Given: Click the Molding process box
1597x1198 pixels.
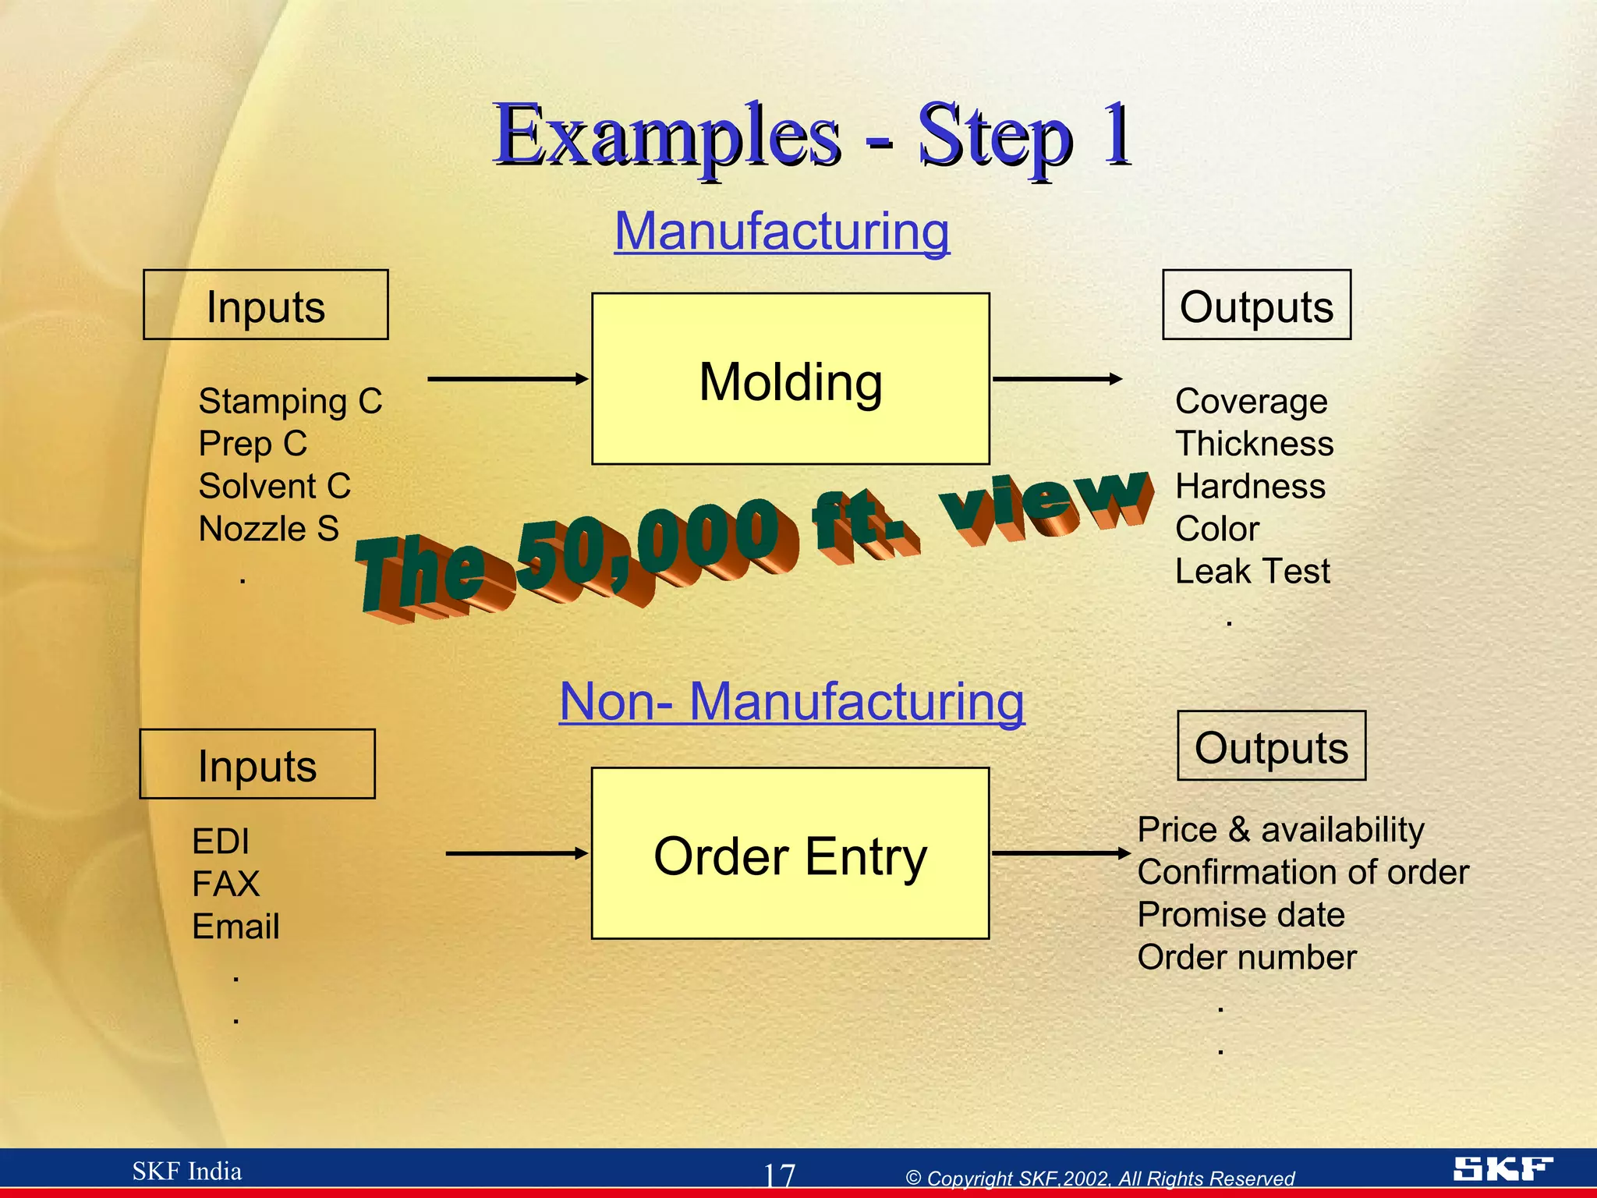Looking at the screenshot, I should (x=790, y=379).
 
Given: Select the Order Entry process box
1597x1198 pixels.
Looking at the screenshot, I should (x=790, y=853).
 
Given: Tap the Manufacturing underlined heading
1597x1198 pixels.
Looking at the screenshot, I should (x=782, y=232).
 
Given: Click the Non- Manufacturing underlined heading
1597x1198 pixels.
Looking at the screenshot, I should (x=791, y=701).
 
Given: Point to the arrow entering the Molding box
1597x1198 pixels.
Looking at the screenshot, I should (x=507, y=379).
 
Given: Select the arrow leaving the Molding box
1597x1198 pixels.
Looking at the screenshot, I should (x=1057, y=379).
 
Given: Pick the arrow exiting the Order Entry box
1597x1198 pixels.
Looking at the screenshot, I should (x=1061, y=853).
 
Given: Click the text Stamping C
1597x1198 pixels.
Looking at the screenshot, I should (x=290, y=402).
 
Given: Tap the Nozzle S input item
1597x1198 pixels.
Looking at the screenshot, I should (x=268, y=530).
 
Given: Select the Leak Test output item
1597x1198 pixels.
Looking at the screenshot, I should (x=1252, y=572).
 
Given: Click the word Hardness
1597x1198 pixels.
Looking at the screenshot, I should (x=1250, y=487).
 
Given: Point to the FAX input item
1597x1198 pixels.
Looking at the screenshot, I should (x=225, y=884).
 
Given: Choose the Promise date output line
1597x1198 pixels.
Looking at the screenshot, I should (x=1241, y=915).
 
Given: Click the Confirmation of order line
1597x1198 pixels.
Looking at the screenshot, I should (x=1302, y=872).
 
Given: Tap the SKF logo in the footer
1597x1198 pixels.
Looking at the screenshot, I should (x=1502, y=1168).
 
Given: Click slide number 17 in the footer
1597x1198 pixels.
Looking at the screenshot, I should (x=778, y=1175).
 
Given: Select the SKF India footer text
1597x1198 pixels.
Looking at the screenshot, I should (x=186, y=1171).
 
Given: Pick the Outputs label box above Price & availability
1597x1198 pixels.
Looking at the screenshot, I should (x=1271, y=746).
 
